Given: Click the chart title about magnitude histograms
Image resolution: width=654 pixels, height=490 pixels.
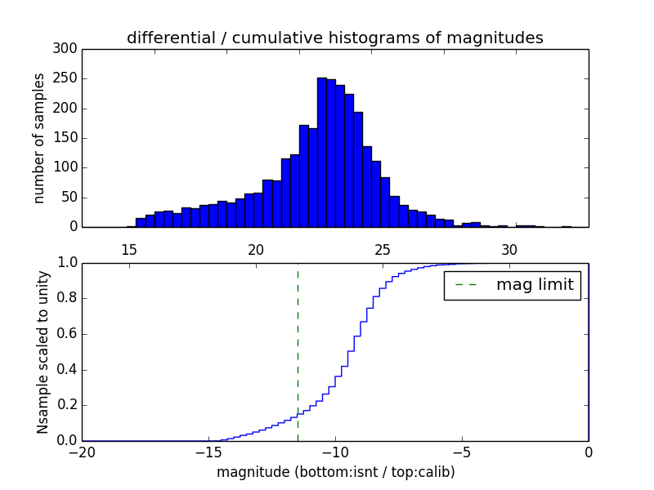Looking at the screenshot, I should click(335, 38).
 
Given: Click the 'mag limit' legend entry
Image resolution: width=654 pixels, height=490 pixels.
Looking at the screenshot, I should click(512, 285).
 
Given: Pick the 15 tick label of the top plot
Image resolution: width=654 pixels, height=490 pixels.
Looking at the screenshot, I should click(129, 250).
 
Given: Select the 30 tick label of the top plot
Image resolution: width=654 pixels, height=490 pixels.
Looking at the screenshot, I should click(509, 250).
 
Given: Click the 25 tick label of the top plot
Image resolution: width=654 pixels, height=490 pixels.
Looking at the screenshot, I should click(383, 250).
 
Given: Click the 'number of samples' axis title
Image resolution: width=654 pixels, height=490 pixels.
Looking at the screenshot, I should click(39, 138).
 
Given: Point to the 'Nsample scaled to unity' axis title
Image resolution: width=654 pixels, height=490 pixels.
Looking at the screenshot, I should click(43, 352).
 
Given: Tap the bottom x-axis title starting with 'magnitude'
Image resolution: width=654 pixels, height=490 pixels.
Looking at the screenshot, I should click(335, 472).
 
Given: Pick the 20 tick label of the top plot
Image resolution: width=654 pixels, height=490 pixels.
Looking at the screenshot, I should click(256, 250).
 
